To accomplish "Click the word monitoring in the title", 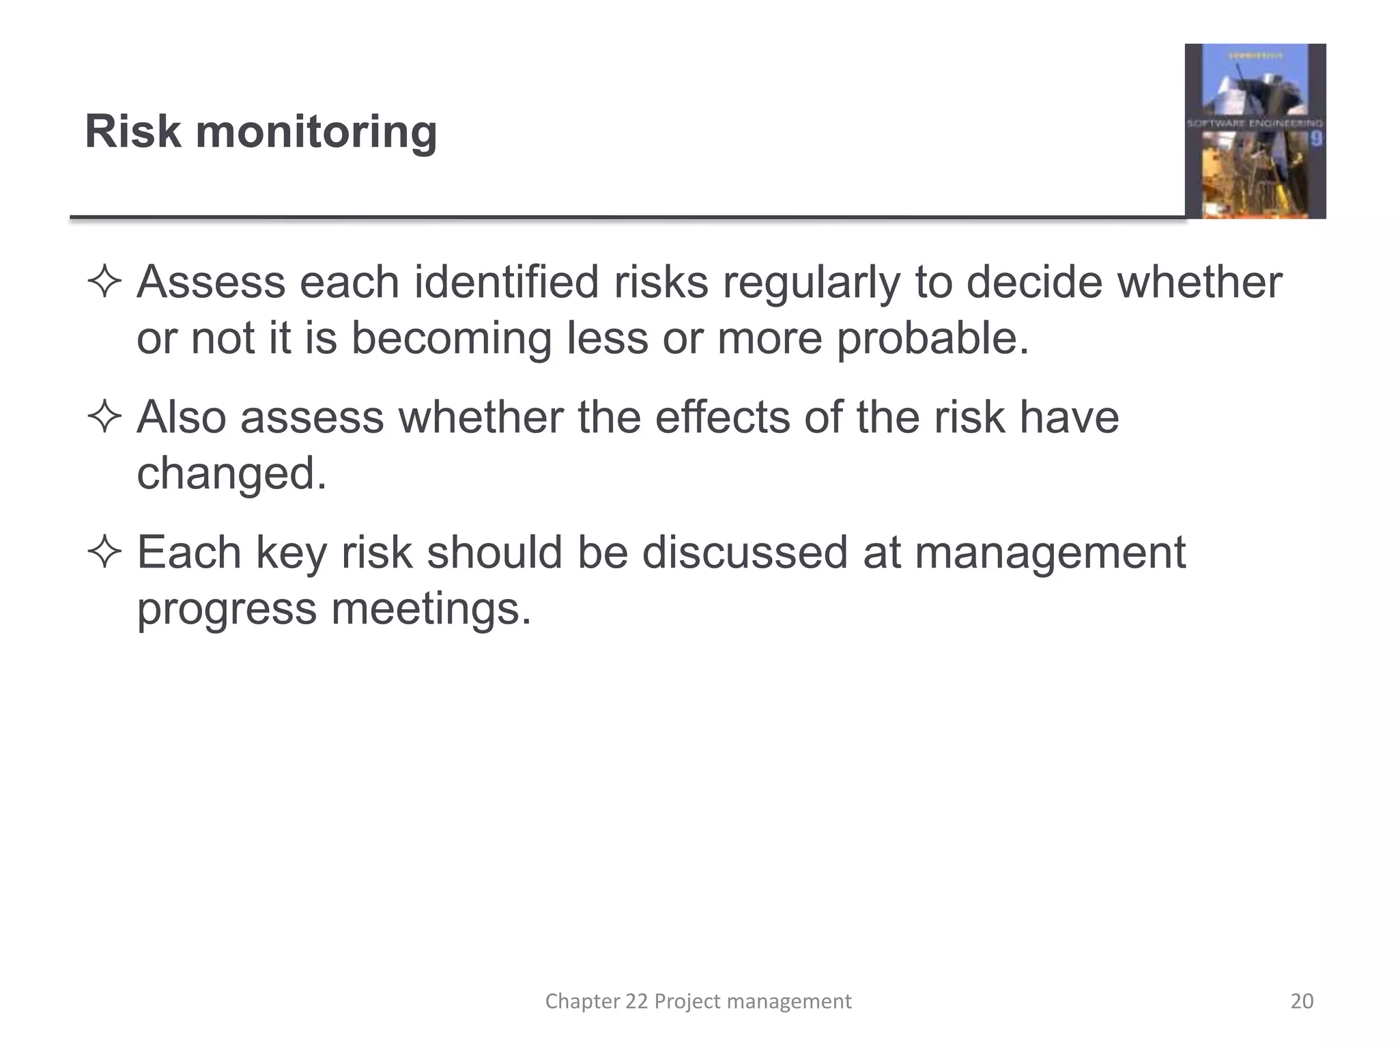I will click(x=316, y=133).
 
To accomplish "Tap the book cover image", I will click(x=1255, y=131).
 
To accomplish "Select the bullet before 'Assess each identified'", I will click(x=104, y=283).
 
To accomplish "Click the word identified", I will click(x=507, y=281).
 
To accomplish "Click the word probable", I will click(x=932, y=339).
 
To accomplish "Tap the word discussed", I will click(x=745, y=552).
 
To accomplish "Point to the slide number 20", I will click(x=1302, y=1001).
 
